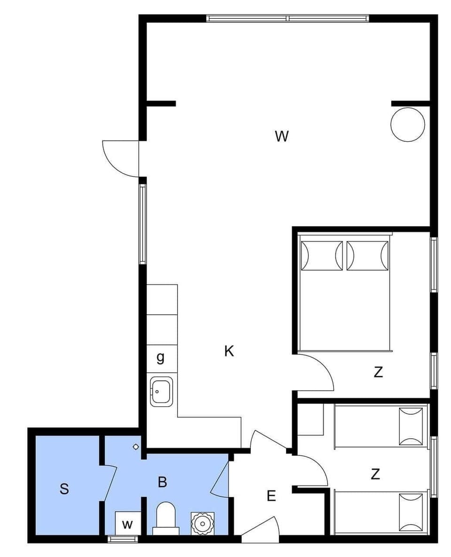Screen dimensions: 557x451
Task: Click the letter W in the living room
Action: pos(281,137)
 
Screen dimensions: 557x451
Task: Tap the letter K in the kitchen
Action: pos(229,351)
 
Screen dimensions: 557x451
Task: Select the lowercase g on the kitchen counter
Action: pos(161,357)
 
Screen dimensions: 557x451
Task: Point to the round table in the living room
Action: pos(408,124)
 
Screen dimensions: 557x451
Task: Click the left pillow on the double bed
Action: pos(322,256)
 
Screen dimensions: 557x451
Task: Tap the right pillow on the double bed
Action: pos(367,256)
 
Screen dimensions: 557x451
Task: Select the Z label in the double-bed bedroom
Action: pos(378,372)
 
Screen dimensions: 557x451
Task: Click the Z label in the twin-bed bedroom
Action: pos(375,474)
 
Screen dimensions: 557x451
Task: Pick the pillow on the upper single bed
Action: pos(411,426)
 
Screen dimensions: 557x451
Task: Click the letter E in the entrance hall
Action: pos(272,496)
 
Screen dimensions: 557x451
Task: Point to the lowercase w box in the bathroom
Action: pos(127,524)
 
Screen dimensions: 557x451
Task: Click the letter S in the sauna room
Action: pos(64,489)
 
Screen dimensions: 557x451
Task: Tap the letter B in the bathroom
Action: pos(163,482)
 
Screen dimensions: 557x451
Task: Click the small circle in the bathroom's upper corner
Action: pos(136,446)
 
